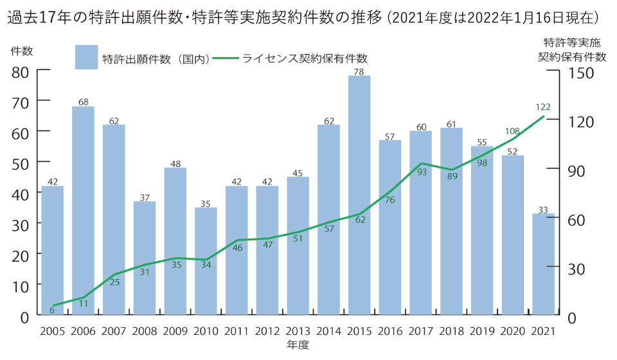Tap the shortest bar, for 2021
(x=543, y=264)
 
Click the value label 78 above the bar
(x=359, y=71)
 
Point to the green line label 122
(x=542, y=107)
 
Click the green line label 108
(x=512, y=131)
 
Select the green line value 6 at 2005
(x=52, y=310)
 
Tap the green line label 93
(x=421, y=172)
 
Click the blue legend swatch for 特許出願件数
(x=86, y=57)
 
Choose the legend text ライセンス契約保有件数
(x=305, y=58)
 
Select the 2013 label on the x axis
(x=298, y=331)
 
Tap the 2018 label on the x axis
(x=451, y=331)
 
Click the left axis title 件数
(x=21, y=50)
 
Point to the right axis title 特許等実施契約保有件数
(x=571, y=50)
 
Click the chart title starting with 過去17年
(x=302, y=17)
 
